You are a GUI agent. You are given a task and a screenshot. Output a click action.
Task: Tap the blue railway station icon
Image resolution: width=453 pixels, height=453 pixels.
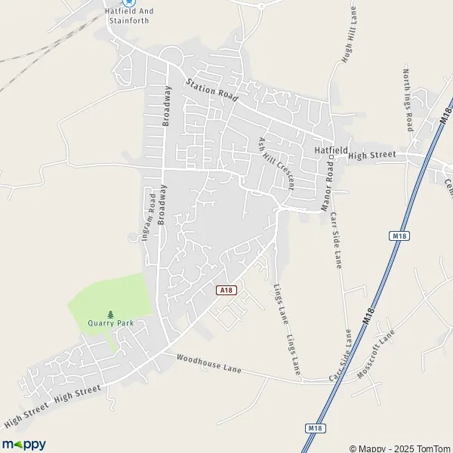(128, 2)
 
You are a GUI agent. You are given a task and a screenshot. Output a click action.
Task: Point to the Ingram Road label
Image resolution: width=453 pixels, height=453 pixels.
(152, 216)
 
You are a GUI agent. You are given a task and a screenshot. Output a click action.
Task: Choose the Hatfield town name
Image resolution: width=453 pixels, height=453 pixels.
(329, 150)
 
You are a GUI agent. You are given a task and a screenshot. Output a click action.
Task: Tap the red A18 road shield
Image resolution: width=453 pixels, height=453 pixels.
(223, 290)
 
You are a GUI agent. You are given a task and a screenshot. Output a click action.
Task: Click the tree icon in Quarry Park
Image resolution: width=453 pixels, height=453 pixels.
(110, 313)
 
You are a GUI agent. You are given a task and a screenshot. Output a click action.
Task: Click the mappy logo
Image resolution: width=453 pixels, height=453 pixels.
(23, 445)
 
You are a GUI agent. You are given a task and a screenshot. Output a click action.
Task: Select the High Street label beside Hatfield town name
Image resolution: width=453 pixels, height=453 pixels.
(372, 155)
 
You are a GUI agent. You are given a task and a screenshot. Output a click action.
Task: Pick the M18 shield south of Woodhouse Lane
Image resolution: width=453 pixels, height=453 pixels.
(316, 429)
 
